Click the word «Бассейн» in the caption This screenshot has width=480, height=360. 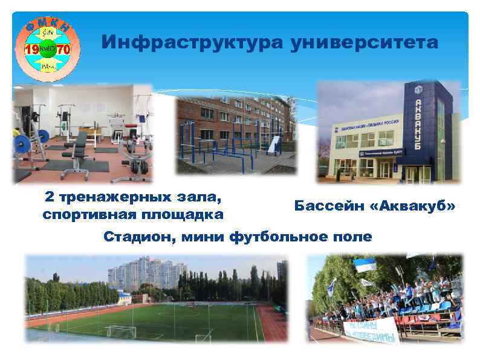329,206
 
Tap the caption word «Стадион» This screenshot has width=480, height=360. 137,236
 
